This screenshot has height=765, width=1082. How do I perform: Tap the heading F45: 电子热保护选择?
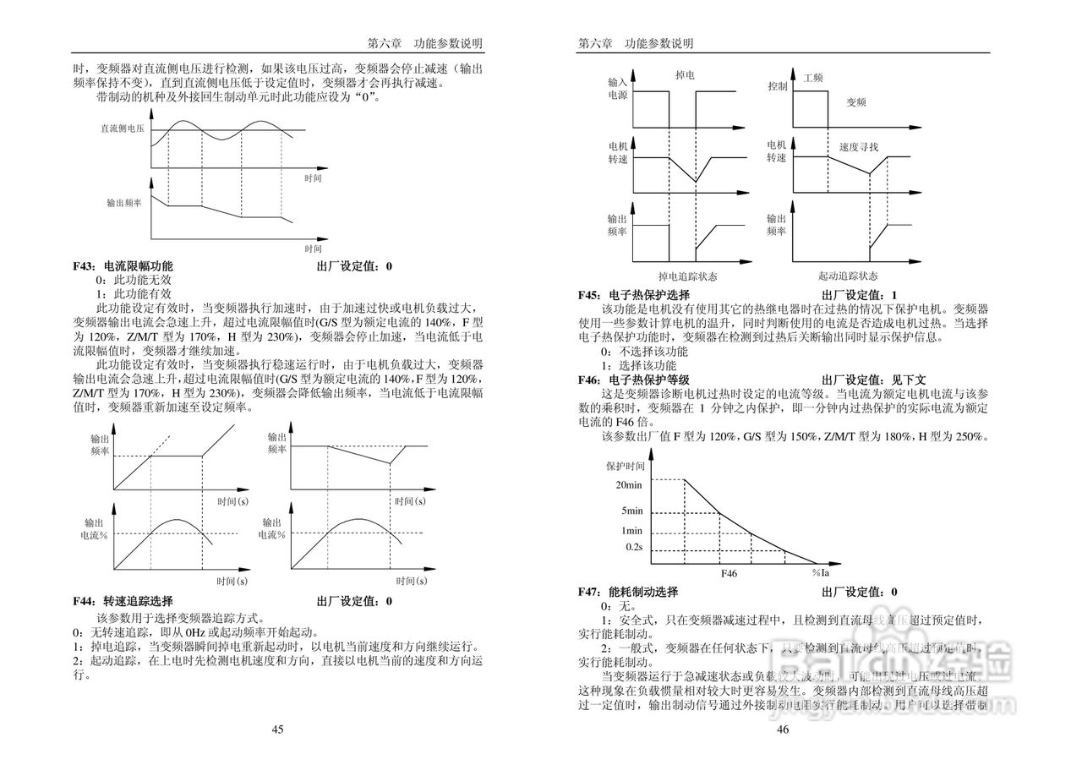click(634, 295)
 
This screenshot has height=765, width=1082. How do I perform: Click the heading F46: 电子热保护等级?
click(634, 380)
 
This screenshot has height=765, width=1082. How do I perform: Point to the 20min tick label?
click(631, 484)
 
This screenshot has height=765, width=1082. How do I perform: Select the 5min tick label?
click(633, 511)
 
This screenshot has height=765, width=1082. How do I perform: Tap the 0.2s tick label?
click(634, 549)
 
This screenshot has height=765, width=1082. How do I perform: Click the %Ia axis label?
click(820, 573)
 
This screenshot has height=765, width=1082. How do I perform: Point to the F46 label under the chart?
click(729, 573)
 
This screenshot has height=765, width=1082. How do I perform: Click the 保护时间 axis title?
click(626, 466)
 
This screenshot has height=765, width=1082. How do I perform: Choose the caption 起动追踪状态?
click(847, 276)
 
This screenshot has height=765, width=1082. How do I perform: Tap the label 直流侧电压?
click(123, 128)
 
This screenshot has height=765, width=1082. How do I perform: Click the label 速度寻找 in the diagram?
click(859, 147)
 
